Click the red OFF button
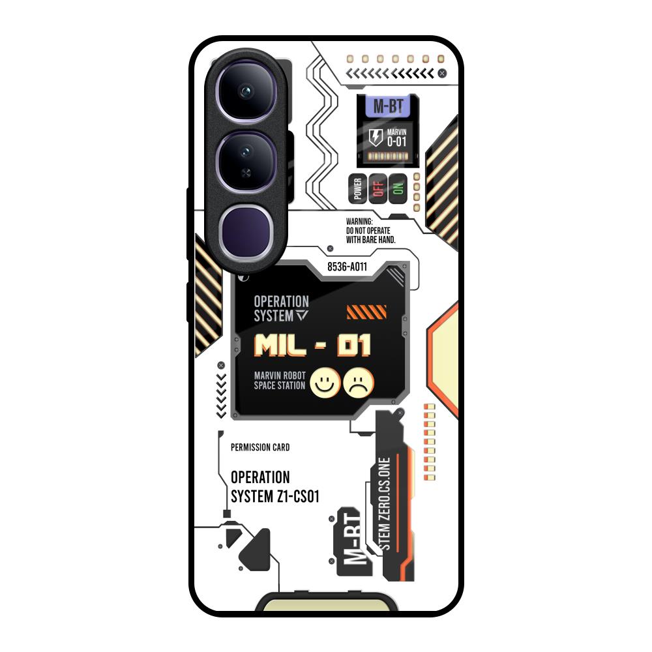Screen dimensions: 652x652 click(378, 189)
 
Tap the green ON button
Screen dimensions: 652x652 click(398, 189)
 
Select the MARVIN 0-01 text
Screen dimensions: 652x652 click(396, 138)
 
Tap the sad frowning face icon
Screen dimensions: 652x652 click(359, 383)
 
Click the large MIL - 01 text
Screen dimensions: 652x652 click(312, 345)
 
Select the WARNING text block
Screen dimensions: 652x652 click(370, 231)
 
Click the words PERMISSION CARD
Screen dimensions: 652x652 click(260, 447)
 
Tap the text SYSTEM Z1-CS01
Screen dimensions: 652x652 click(275, 496)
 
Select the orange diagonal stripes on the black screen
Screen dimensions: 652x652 click(366, 312)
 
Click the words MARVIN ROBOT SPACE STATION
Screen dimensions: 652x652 click(280, 381)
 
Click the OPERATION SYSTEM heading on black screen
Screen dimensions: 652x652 click(281, 308)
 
